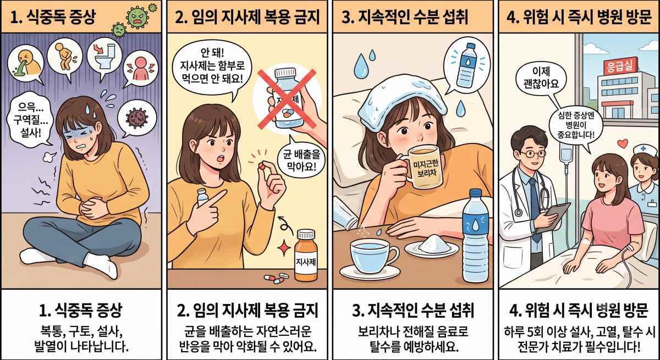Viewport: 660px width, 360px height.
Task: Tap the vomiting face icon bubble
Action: [x=25, y=64]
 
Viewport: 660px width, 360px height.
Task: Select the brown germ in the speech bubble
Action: [x=137, y=117]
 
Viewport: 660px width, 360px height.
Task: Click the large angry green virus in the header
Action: [x=137, y=17]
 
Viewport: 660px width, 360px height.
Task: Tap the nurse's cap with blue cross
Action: [x=645, y=151]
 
